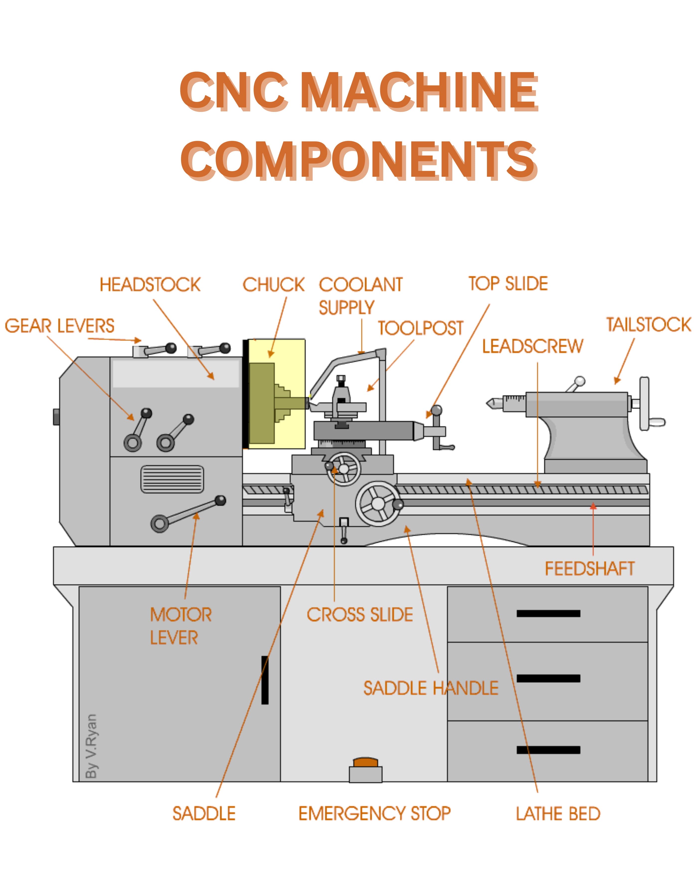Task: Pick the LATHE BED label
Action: point(558,813)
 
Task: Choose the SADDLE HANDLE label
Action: point(431,688)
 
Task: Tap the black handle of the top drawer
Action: point(548,613)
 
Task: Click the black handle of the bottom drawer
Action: point(548,750)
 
